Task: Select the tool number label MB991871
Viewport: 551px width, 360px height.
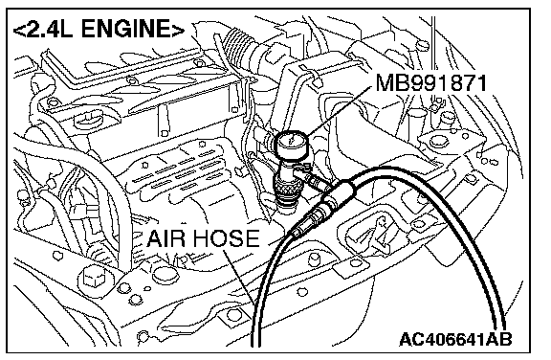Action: click(x=431, y=83)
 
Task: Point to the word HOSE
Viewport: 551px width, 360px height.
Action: click(x=227, y=238)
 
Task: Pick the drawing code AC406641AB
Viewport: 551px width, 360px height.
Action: click(x=455, y=339)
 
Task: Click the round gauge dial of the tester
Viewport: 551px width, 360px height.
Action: click(x=291, y=144)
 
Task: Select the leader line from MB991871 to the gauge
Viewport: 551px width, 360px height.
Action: click(x=339, y=110)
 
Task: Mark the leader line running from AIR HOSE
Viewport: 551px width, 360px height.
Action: click(x=240, y=277)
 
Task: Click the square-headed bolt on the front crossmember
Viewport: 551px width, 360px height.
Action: click(x=93, y=276)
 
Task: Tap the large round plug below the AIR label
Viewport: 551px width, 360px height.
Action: click(x=164, y=275)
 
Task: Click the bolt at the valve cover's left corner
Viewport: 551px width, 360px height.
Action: click(x=53, y=102)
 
